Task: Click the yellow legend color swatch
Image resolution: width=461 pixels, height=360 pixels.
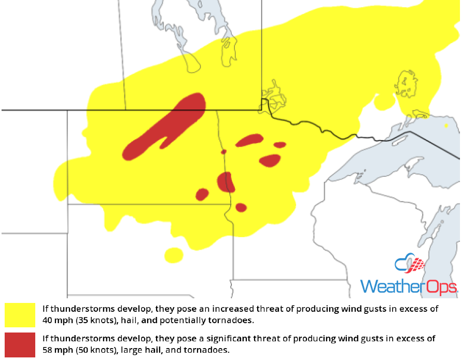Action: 20,315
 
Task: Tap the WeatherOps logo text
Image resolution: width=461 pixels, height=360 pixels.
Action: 408,287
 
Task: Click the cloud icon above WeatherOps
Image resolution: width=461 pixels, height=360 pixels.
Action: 410,265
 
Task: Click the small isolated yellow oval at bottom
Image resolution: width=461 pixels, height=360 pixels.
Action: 174,255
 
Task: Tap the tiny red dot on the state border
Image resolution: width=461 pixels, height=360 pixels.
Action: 224,152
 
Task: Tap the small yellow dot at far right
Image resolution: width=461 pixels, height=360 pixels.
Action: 446,125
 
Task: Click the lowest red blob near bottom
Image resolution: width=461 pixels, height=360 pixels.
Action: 241,207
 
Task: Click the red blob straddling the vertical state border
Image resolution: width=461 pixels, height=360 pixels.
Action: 226,182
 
